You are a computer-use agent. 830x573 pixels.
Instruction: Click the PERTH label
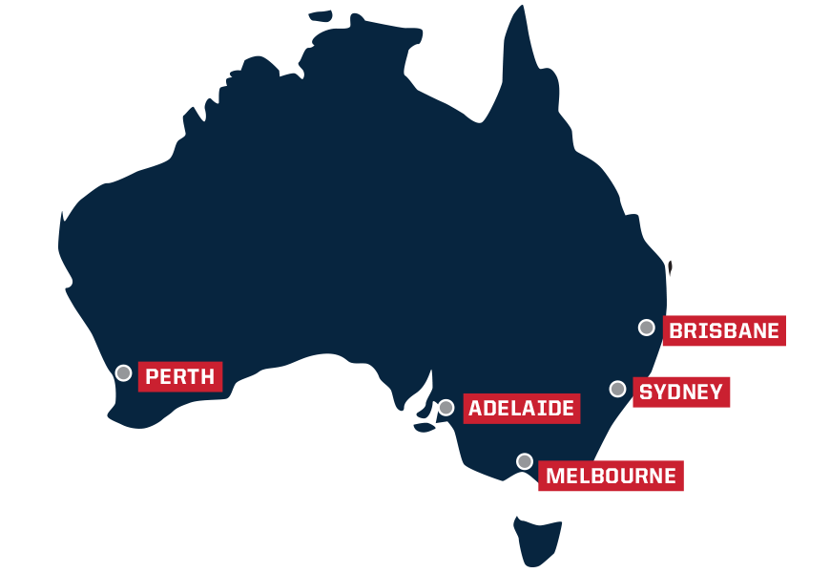tap(180, 376)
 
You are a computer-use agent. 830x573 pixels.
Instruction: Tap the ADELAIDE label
tap(521, 409)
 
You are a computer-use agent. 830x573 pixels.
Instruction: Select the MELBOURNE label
tap(611, 476)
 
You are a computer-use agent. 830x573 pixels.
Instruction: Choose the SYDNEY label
tap(681, 393)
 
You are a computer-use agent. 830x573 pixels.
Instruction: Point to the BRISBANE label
tap(724, 331)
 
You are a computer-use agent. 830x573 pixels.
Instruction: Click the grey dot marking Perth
tap(123, 373)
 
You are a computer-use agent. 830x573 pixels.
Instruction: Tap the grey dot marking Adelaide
tap(446, 408)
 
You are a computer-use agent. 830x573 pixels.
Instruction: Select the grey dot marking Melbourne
tap(525, 461)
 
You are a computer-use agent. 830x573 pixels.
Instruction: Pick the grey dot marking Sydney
tap(617, 389)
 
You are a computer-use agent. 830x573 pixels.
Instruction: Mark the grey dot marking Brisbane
tap(646, 328)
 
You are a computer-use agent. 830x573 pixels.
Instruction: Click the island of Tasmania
tap(537, 539)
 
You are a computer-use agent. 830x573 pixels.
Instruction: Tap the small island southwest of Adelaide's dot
tap(425, 427)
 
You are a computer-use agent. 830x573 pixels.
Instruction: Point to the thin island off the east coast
tap(670, 268)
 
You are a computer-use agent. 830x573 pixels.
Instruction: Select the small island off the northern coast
tap(322, 15)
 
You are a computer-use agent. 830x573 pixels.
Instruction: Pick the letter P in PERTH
tap(152, 376)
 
